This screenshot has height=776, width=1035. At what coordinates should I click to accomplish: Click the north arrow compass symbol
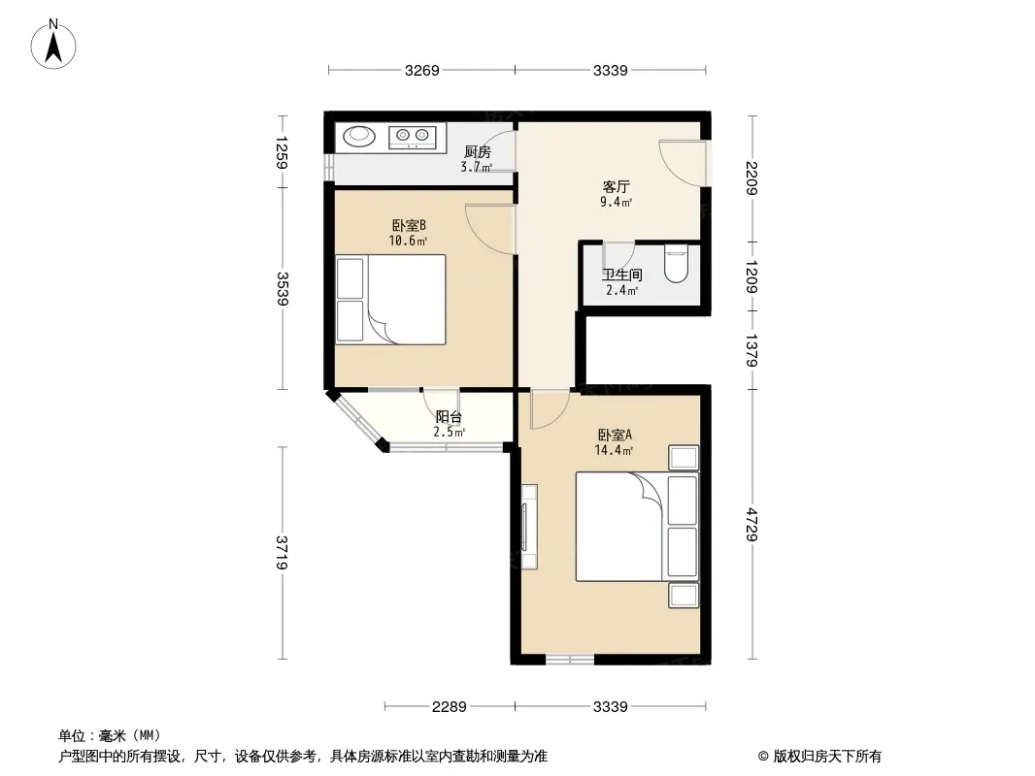pyautogui.click(x=53, y=45)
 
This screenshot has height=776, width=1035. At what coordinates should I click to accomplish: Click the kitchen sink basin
pyautogui.click(x=360, y=136)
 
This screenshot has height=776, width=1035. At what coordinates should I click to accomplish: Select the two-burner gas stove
pyautogui.click(x=413, y=137)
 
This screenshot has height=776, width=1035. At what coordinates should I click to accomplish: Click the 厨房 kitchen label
pyautogui.click(x=478, y=152)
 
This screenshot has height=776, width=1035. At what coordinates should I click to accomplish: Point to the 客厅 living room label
pyautogui.click(x=616, y=186)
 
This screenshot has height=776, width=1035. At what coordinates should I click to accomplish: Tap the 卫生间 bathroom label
pyautogui.click(x=621, y=275)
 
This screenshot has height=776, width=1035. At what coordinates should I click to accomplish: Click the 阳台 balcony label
pyautogui.click(x=449, y=417)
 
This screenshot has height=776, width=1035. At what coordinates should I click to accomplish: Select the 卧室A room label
pyautogui.click(x=615, y=436)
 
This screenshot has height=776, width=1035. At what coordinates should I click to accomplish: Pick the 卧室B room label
pyautogui.click(x=409, y=225)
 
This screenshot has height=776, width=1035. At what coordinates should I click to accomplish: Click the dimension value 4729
pyautogui.click(x=751, y=525)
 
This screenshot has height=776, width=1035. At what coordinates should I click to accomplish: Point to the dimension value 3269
pyautogui.click(x=421, y=71)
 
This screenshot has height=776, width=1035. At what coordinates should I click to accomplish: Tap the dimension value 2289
pyautogui.click(x=450, y=707)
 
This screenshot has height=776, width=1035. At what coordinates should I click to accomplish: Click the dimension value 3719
pyautogui.click(x=282, y=553)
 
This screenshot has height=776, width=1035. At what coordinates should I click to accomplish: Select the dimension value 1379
pyautogui.click(x=751, y=350)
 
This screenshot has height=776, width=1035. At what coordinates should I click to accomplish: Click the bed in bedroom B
pyautogui.click(x=390, y=300)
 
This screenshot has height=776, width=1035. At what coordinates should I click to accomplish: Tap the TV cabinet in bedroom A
pyautogui.click(x=528, y=527)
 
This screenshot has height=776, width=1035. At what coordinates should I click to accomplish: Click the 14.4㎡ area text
pyautogui.click(x=614, y=451)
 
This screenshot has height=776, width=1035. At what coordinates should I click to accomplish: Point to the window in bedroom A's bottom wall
pyautogui.click(x=570, y=660)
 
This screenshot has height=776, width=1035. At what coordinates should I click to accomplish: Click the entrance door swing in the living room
pyautogui.click(x=683, y=164)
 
